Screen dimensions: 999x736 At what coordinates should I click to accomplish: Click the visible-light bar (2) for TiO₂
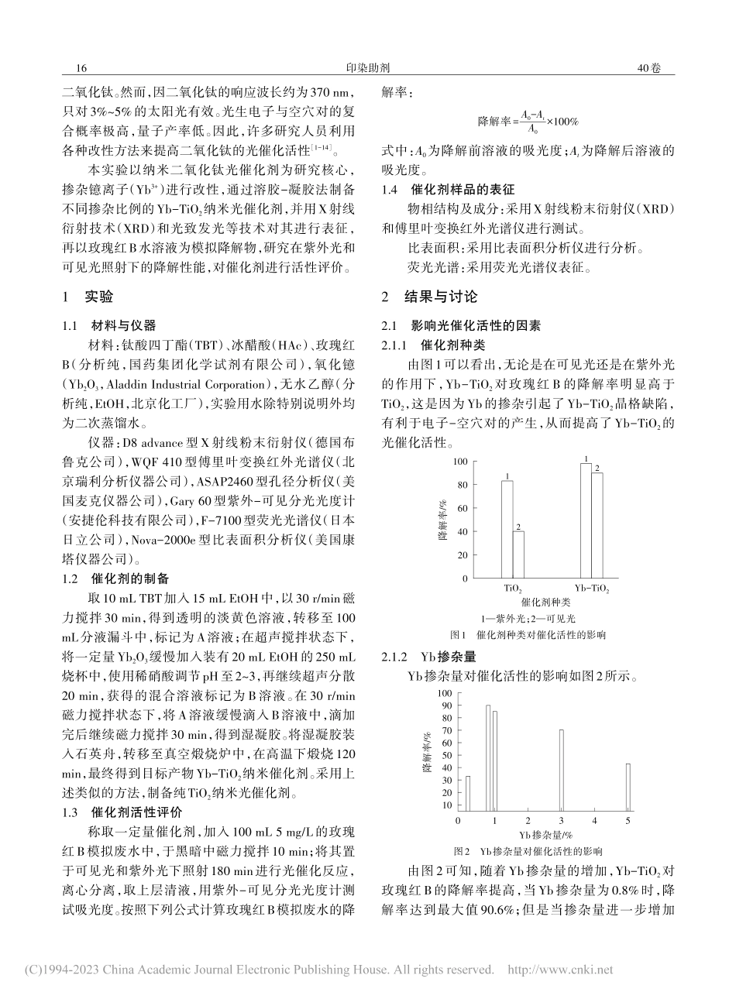click(x=518, y=554)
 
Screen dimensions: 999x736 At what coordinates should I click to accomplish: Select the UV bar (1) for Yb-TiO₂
click(x=585, y=520)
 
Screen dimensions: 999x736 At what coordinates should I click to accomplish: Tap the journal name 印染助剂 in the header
click(x=368, y=68)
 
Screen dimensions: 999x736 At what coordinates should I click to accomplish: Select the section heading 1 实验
click(x=87, y=297)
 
